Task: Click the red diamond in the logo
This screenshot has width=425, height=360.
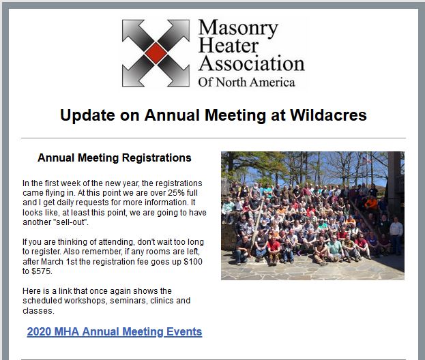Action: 156,52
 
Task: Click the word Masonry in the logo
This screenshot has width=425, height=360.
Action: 238,29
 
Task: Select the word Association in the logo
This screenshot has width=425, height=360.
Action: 252,63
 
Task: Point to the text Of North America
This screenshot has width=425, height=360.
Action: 246,82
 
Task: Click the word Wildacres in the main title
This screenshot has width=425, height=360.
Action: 329,115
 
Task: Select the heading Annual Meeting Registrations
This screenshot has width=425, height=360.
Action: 115,157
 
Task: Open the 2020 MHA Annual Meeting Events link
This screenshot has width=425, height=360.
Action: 115,331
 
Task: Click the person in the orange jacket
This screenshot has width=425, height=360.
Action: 370,203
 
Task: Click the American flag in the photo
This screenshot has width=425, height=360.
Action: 366,160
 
